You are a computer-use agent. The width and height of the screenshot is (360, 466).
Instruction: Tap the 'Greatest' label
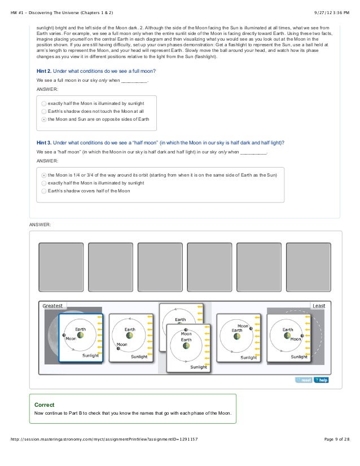(54, 305)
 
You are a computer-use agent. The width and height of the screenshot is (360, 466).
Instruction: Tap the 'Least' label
(318, 306)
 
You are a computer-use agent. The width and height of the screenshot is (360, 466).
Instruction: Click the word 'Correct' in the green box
(45, 405)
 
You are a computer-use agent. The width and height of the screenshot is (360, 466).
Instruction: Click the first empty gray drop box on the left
(60, 265)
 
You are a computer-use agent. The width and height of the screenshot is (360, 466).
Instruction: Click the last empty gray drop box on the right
(308, 265)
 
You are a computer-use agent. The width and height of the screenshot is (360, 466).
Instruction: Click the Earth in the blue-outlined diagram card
(81, 335)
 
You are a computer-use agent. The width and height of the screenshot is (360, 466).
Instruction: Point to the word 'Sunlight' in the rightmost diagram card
(298, 357)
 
